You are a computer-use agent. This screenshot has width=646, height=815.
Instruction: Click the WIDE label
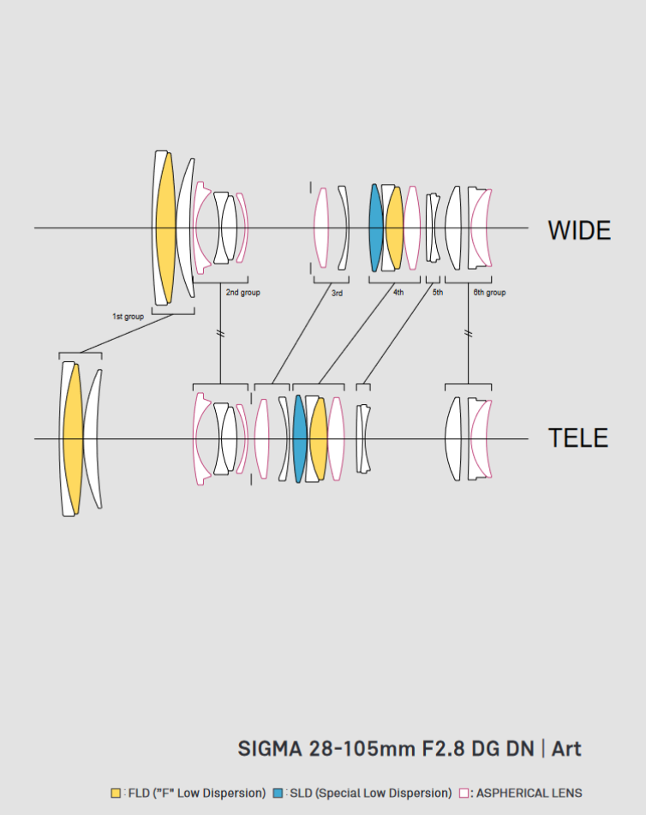[x=579, y=230]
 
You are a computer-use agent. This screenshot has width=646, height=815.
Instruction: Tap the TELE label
[x=577, y=438]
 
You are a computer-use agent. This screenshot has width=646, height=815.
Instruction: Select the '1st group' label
[x=128, y=316]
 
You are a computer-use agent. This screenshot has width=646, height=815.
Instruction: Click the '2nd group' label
[x=242, y=293]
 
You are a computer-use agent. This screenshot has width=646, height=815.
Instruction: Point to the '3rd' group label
[x=337, y=293]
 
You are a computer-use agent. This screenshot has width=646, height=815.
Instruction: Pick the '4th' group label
[x=398, y=293]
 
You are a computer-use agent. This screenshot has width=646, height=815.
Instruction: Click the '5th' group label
[x=437, y=293]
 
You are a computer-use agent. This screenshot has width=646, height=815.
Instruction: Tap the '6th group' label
[x=489, y=293]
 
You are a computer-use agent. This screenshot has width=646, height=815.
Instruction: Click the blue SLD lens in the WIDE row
[x=375, y=228]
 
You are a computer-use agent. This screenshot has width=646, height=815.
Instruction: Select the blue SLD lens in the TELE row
[x=299, y=438]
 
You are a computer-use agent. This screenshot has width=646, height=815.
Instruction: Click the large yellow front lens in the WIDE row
[x=164, y=228]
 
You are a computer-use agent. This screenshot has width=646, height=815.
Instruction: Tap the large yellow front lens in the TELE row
[x=72, y=438]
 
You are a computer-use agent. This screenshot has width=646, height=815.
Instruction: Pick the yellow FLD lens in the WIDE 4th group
[x=394, y=228]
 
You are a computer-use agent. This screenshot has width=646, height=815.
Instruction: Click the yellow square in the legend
[x=116, y=793]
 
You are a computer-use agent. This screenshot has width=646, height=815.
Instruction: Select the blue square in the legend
[x=278, y=793]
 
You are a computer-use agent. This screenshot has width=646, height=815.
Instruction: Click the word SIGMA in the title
[x=269, y=748]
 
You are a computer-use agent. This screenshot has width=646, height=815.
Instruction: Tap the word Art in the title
[x=566, y=748]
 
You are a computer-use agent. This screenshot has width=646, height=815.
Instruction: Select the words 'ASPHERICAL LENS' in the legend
[x=529, y=793]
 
